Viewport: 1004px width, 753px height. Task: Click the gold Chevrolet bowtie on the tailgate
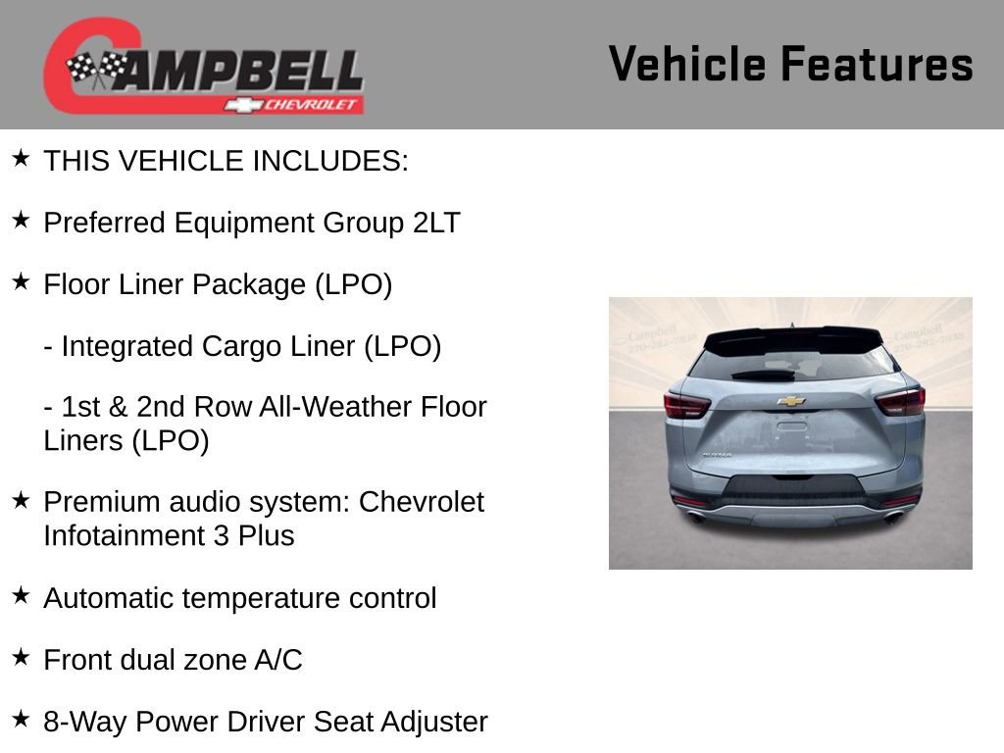(x=790, y=401)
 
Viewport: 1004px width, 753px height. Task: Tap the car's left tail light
(x=686, y=405)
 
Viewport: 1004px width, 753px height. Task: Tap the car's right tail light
(x=900, y=400)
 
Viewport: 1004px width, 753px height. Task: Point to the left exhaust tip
(x=697, y=517)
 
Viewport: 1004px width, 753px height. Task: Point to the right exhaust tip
(x=893, y=517)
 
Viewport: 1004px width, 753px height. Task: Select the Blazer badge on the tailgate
(x=717, y=455)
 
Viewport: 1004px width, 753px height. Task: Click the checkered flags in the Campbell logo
(x=97, y=68)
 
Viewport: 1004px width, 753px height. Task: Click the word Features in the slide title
(x=877, y=64)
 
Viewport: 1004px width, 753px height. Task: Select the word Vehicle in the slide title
(x=686, y=64)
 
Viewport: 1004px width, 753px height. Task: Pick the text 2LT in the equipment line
(x=435, y=223)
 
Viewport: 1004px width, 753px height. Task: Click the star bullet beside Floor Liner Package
(x=21, y=282)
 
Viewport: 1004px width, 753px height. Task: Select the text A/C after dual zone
(x=278, y=660)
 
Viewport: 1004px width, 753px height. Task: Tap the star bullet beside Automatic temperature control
(x=21, y=595)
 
